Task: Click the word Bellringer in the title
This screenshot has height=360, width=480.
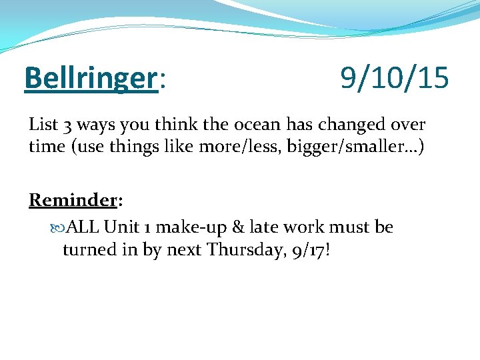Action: click(89, 79)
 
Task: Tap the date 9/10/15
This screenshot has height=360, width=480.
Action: click(395, 79)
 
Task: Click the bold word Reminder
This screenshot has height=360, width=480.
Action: click(73, 200)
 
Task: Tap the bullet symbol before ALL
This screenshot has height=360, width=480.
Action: click(56, 227)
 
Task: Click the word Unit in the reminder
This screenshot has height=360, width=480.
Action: click(121, 227)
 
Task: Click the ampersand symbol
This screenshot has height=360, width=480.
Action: click(238, 227)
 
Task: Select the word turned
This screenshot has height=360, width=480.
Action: click(87, 249)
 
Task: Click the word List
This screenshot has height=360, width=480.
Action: click(44, 125)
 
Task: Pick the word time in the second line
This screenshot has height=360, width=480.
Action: click(45, 146)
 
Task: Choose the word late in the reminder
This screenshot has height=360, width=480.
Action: click(264, 227)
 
